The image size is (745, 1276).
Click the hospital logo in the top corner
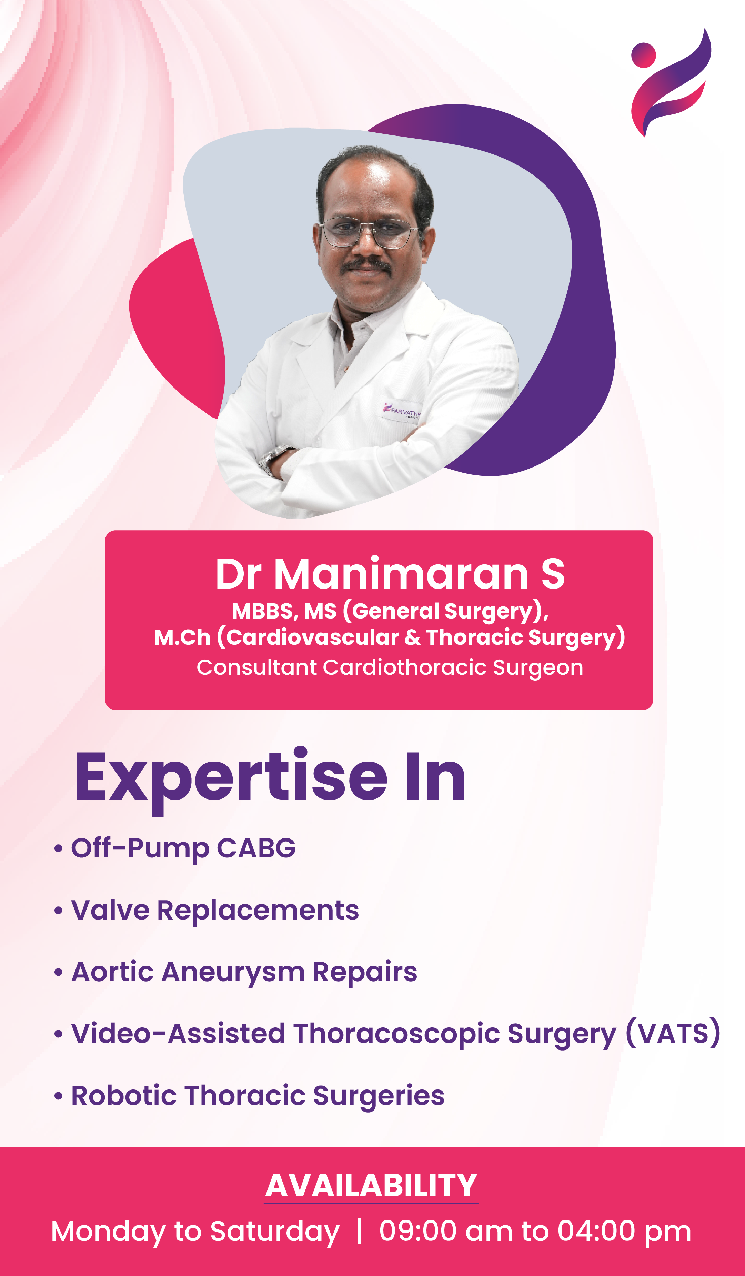(x=671, y=83)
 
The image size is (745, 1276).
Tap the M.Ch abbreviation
(x=182, y=637)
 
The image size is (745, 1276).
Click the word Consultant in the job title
(x=256, y=667)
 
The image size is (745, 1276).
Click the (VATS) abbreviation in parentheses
(x=673, y=1033)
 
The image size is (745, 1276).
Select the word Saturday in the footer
(x=274, y=1232)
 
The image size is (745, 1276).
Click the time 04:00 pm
(x=624, y=1232)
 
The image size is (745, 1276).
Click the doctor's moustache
(x=367, y=264)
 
